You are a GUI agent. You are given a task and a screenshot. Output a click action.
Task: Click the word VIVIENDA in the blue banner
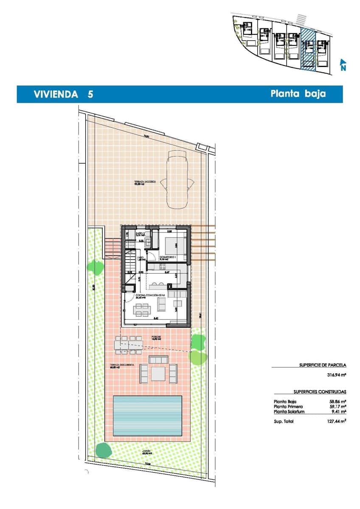coord(56,94)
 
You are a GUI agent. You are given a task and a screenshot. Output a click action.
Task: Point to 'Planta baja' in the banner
coord(298,94)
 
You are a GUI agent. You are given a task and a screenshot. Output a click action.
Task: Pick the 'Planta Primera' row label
coord(288,406)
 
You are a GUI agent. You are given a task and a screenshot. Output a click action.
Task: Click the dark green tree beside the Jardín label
coord(102,450)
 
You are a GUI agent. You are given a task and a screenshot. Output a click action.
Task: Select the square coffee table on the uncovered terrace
coord(159,373)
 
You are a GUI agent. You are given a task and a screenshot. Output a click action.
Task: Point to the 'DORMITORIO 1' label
coord(167,257)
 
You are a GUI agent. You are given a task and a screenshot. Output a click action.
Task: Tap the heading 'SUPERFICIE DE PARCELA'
coord(323,364)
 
